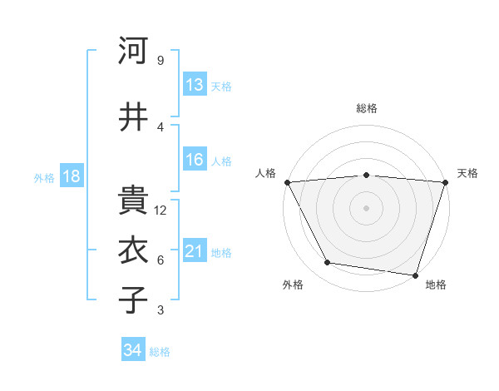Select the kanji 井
click(133, 116)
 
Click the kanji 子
click(133, 300)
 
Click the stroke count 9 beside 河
click(160, 60)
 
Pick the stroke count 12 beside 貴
click(161, 210)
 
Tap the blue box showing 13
click(195, 85)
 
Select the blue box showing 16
click(195, 160)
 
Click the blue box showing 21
click(195, 251)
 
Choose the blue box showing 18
click(71, 176)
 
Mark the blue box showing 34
click(132, 350)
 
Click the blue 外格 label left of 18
click(44, 177)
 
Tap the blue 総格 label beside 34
click(160, 352)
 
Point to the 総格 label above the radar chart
click(366, 108)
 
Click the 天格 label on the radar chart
click(467, 173)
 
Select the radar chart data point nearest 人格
click(287, 181)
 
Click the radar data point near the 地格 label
click(415, 275)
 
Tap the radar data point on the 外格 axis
click(328, 263)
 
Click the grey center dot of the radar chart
click(366, 208)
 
